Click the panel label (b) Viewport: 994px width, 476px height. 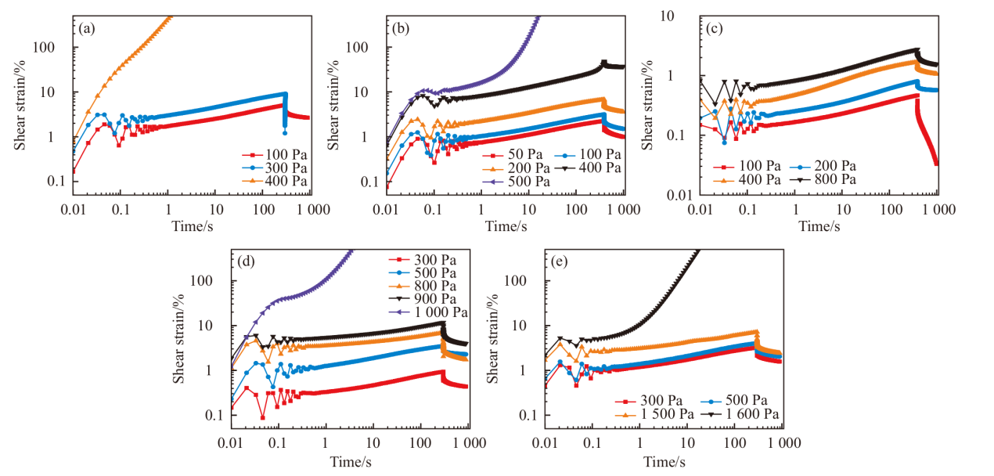(402, 29)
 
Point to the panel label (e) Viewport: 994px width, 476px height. (560, 262)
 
